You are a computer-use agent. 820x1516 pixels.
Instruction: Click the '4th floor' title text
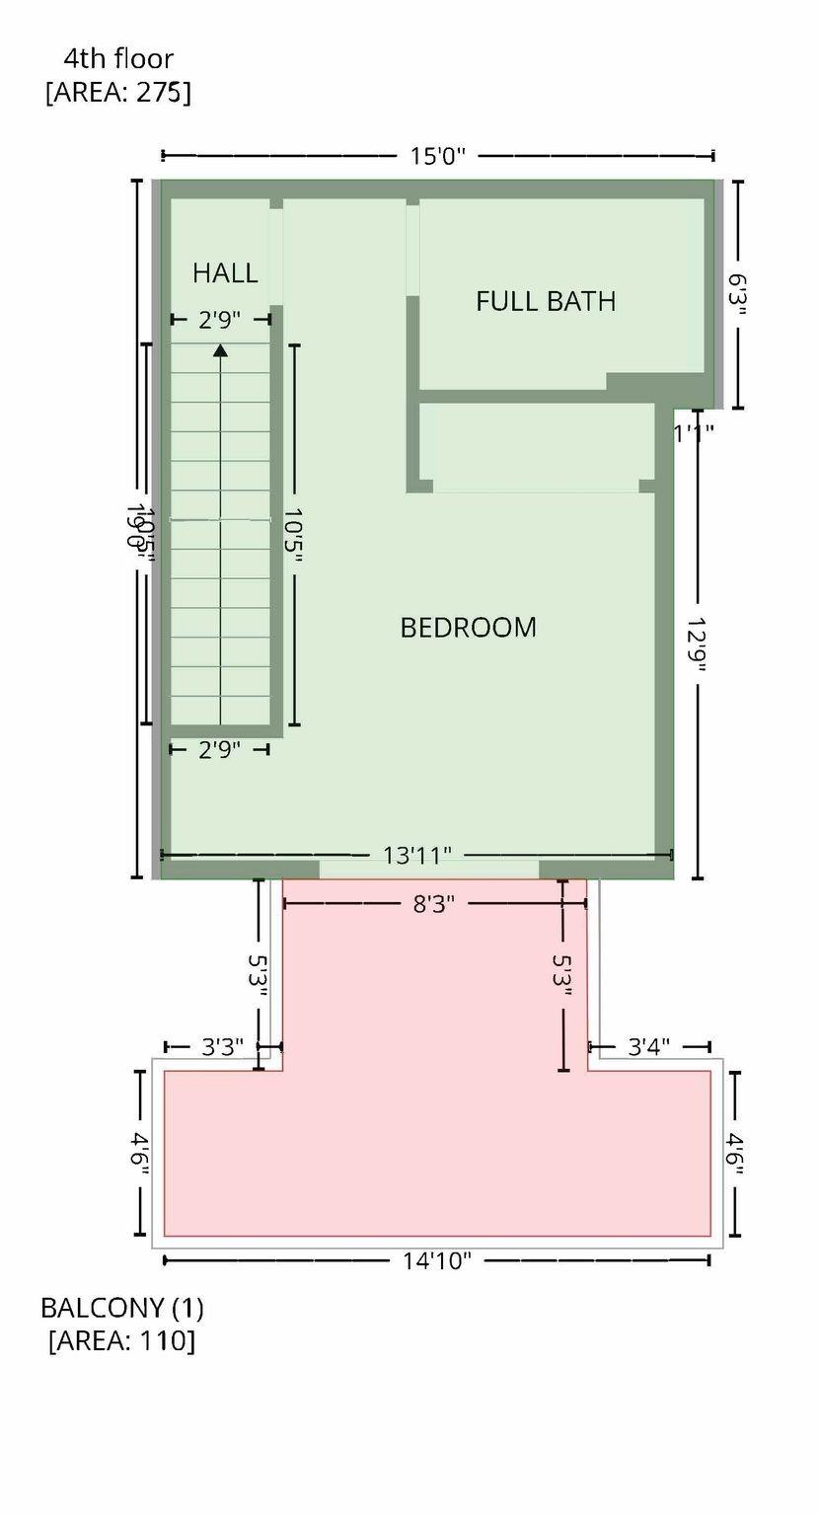[117, 59]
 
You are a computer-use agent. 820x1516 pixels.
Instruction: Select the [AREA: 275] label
[117, 93]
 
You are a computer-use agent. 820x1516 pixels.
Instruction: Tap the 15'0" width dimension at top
[437, 156]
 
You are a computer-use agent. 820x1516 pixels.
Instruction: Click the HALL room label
[225, 272]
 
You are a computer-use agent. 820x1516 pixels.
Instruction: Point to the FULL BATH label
[546, 301]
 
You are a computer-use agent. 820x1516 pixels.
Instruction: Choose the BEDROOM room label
[468, 628]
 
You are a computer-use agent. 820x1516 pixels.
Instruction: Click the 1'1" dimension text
[694, 430]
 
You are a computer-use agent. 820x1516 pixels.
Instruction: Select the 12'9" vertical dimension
[699, 645]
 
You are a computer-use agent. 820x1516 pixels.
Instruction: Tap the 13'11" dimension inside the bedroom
[417, 855]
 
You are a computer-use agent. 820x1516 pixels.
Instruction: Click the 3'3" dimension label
[223, 1047]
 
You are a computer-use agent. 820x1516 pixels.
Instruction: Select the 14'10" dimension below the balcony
[437, 1260]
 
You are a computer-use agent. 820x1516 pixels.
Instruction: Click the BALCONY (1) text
[121, 1308]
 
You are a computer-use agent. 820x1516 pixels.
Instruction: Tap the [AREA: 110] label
[121, 1340]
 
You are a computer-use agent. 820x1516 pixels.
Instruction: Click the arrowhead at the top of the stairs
[220, 349]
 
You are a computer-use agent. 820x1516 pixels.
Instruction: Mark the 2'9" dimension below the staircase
[219, 750]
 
